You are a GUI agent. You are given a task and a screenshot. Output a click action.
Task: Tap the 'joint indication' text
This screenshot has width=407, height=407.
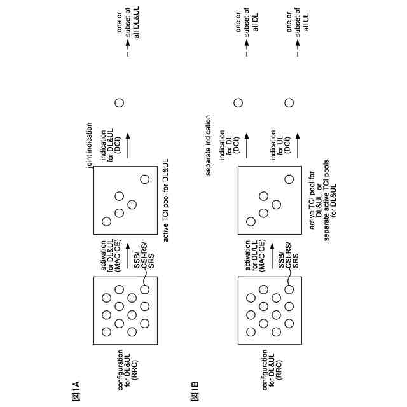pyautogui.click(x=90, y=145)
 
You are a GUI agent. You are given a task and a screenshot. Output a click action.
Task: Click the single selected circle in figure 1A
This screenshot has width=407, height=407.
pyautogui.click(x=119, y=103)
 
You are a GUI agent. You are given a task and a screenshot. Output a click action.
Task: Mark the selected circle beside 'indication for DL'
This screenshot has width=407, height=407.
pyautogui.click(x=238, y=103)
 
